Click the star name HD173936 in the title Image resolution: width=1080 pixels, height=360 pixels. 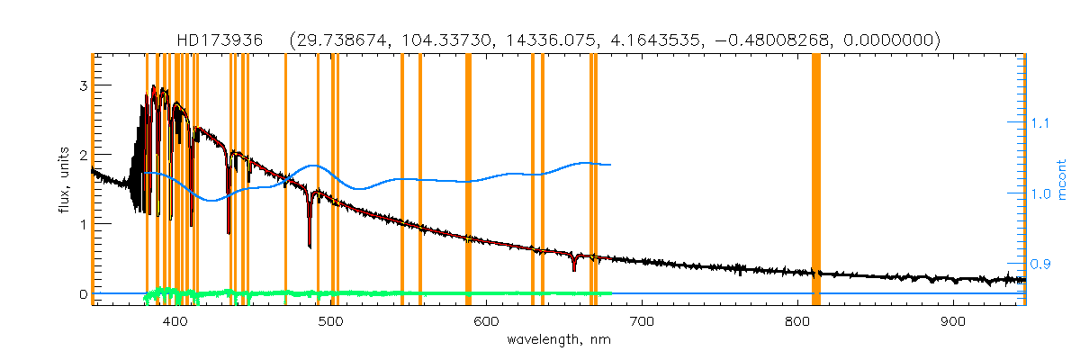[220, 40]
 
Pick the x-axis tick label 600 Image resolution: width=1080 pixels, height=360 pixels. [486, 322]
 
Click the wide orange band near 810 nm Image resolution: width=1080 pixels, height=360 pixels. [816, 180]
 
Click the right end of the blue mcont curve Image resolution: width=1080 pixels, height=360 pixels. [611, 165]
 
